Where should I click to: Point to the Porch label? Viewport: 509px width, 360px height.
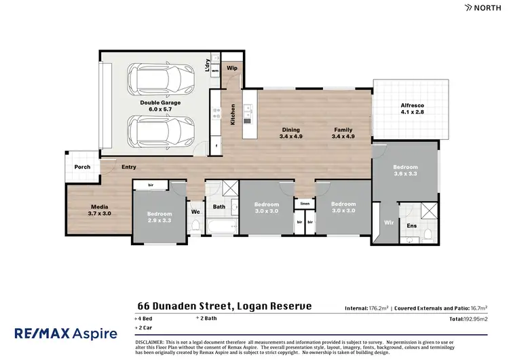[82, 167]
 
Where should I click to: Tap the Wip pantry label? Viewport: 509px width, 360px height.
[231, 68]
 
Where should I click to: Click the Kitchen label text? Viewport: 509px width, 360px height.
[233, 114]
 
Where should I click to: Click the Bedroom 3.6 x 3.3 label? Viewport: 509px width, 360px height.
[405, 170]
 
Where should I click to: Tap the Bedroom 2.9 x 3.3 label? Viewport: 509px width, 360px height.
[160, 217]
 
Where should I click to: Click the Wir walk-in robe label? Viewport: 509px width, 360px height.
[389, 221]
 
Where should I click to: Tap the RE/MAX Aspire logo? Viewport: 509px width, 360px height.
[66, 333]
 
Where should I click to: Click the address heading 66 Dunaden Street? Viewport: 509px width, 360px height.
[224, 306]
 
